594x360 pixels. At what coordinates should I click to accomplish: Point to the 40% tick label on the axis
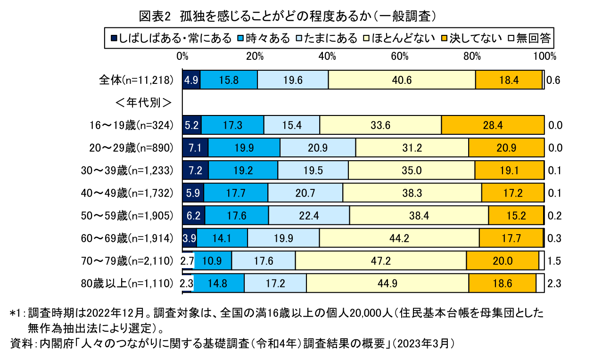tap(327, 56)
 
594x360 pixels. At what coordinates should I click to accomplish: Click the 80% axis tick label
tap(472, 56)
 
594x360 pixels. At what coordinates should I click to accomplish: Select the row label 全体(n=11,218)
tap(137, 80)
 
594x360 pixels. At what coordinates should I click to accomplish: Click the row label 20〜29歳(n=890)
tap(132, 147)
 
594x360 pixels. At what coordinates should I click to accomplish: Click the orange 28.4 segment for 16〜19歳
tap(493, 125)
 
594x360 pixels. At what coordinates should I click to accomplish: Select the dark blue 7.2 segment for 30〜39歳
tap(195, 170)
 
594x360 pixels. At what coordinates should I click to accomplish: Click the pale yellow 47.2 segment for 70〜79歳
tap(380, 261)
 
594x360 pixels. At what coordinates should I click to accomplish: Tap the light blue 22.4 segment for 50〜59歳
tap(309, 215)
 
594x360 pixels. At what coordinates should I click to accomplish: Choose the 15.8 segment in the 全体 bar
tap(229, 80)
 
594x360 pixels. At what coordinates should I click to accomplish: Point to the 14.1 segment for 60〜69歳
tap(222, 238)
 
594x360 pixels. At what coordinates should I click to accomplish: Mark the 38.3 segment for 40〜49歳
tap(412, 193)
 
